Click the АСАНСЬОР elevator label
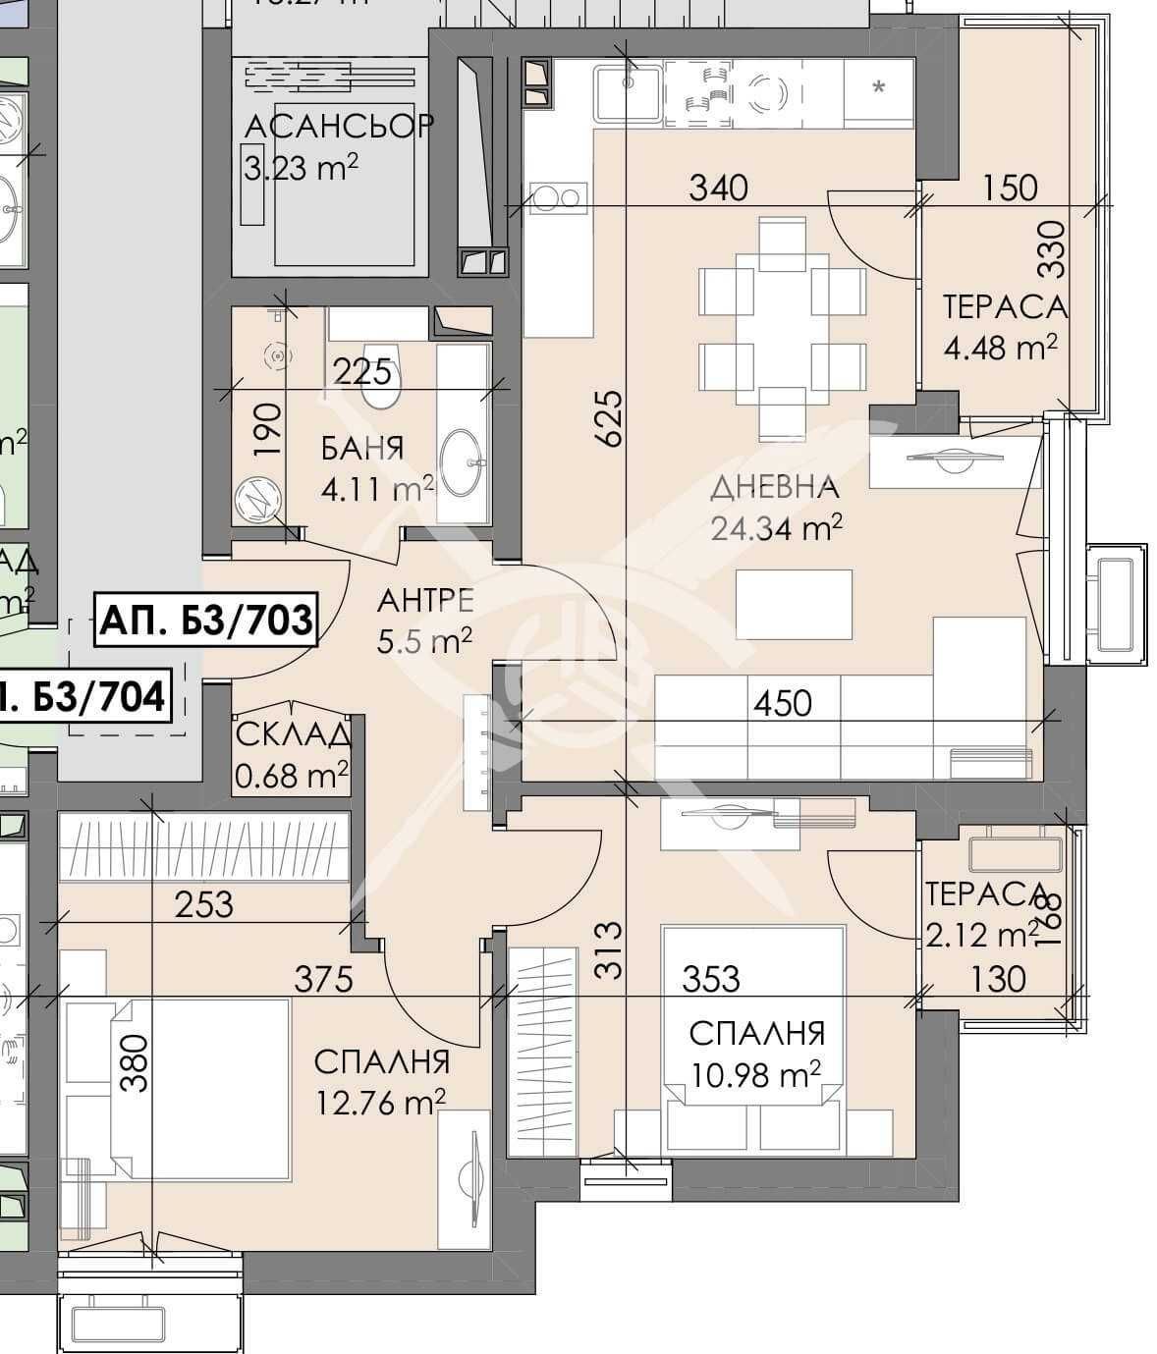pos(339,127)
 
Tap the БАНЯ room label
pos(362,449)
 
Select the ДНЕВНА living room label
pos(774,487)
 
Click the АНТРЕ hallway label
pos(425,600)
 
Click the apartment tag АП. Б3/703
pos(206,621)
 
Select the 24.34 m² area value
pos(776,529)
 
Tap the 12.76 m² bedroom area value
pos(380,1104)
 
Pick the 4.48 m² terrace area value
pos(1000,347)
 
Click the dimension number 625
pos(609,419)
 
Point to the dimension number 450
pos(783,703)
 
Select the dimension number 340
pos(718,188)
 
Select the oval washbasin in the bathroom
pos(461,461)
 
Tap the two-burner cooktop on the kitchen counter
pos(557,198)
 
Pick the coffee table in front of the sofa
pos(793,603)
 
